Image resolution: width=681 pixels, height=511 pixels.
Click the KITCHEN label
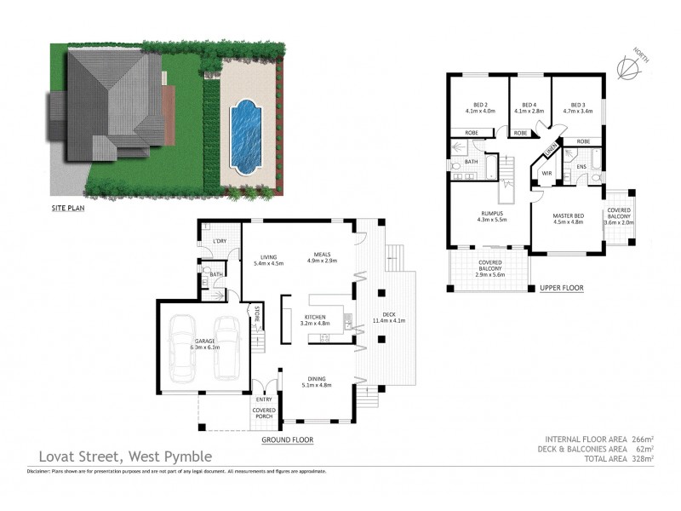[315, 319]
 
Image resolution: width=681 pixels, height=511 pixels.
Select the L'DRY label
[219, 242]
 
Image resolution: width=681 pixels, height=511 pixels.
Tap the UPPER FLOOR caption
[561, 289]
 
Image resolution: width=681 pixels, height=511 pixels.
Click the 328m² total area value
[642, 458]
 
